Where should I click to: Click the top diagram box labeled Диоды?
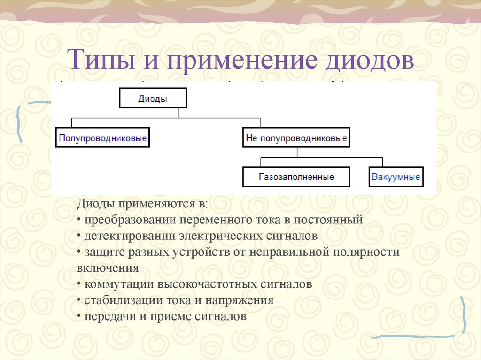click(x=153, y=99)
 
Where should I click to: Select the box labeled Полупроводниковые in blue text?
click(x=102, y=138)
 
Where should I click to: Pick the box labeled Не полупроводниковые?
click(x=296, y=138)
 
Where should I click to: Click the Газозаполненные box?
click(x=296, y=177)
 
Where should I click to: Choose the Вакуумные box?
click(x=396, y=177)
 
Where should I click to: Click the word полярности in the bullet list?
click(x=366, y=252)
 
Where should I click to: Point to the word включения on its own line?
click(x=107, y=268)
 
